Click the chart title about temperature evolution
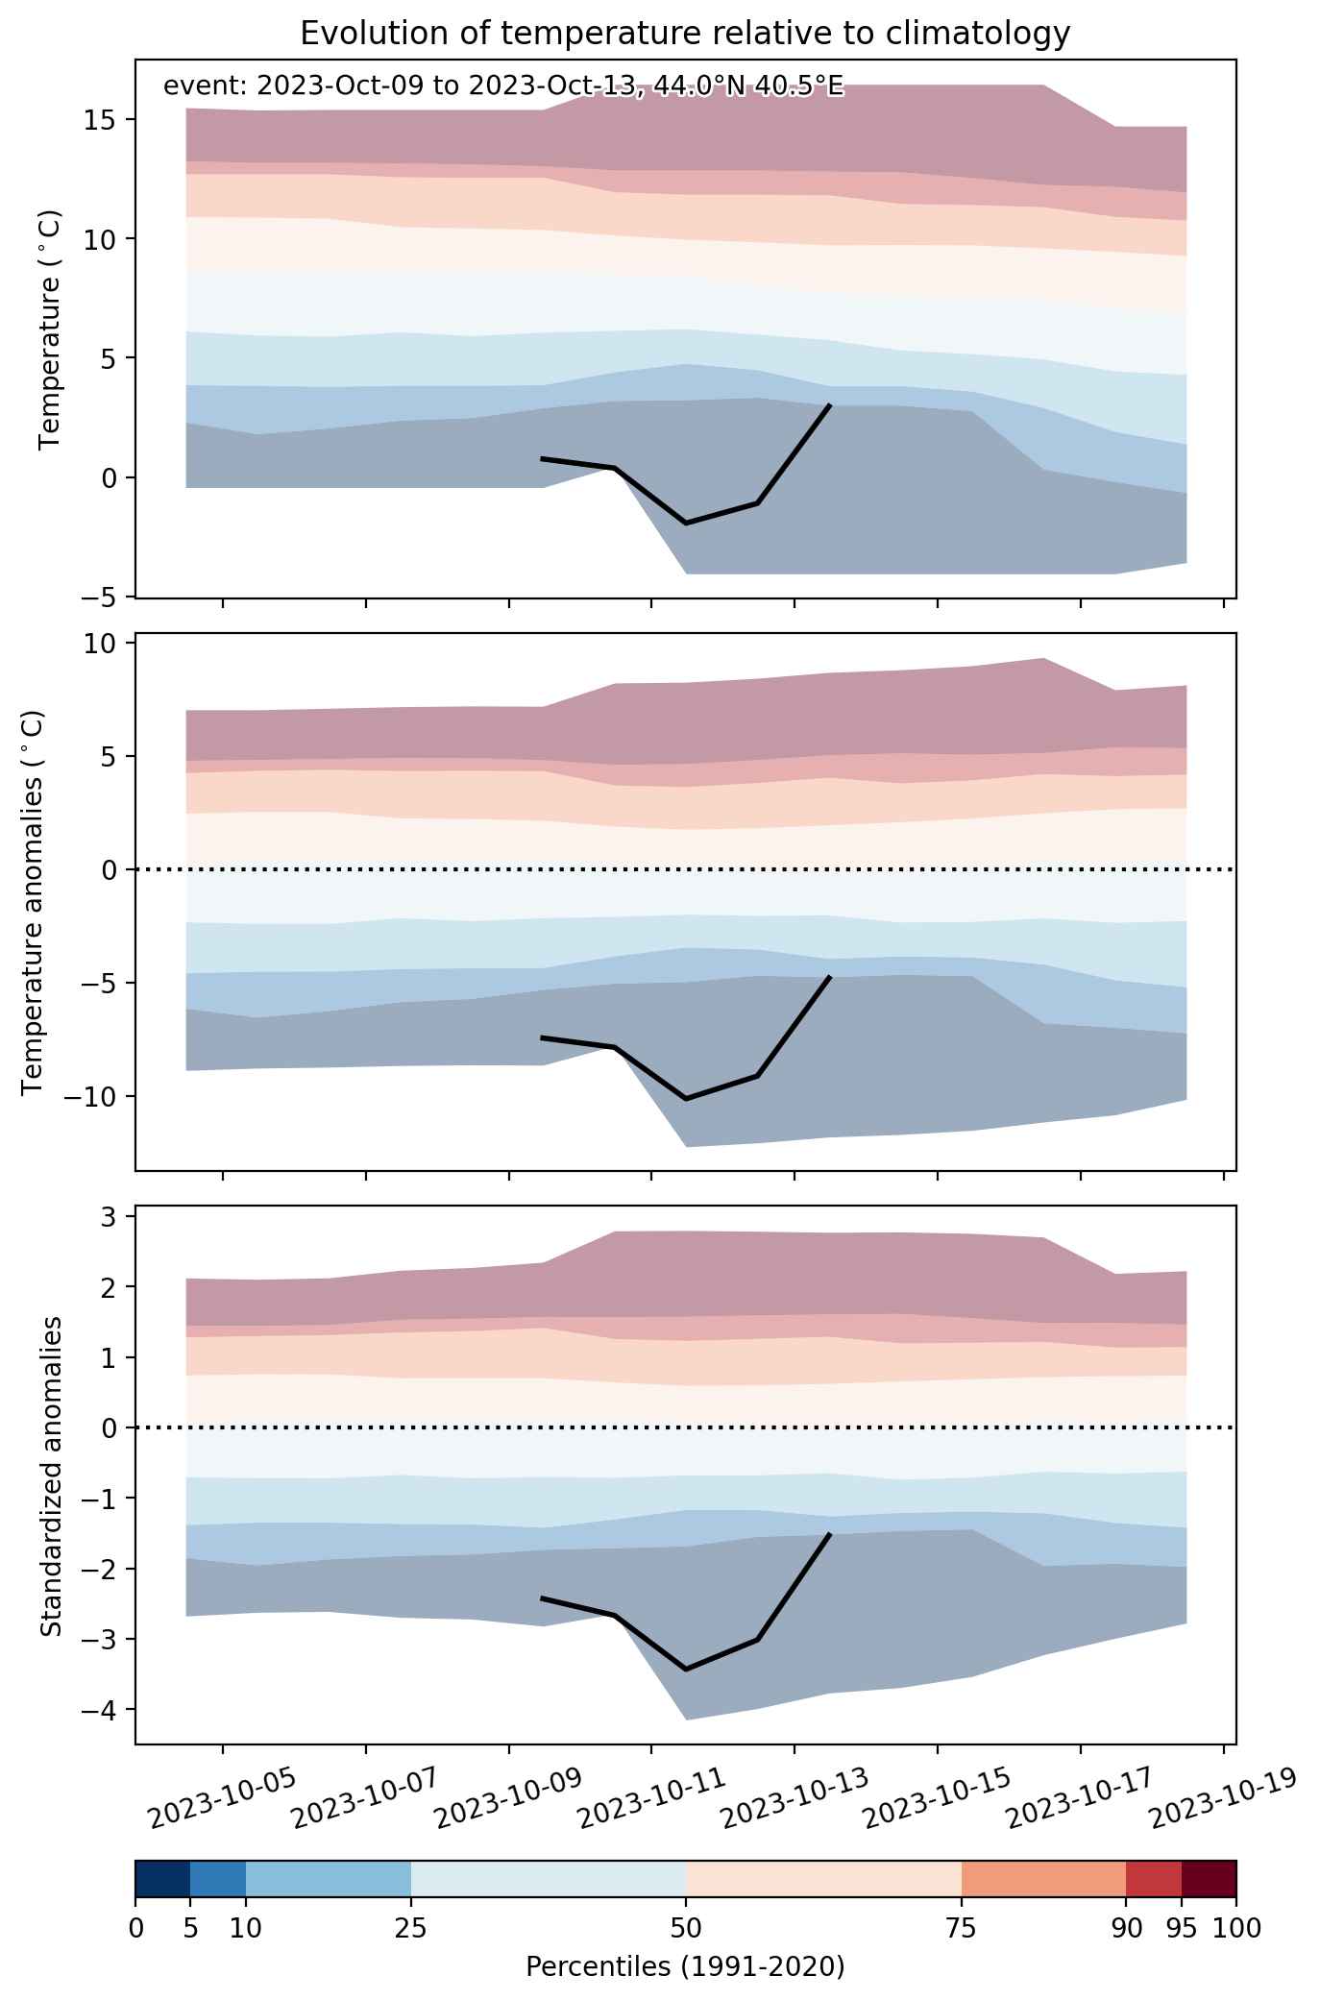click(x=685, y=34)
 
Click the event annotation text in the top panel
click(x=503, y=86)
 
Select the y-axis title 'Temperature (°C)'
click(x=49, y=329)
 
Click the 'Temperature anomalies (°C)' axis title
click(x=34, y=902)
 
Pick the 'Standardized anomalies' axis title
click(x=51, y=1475)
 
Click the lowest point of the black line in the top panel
click(x=686, y=523)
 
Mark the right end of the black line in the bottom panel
click(x=829, y=1534)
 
